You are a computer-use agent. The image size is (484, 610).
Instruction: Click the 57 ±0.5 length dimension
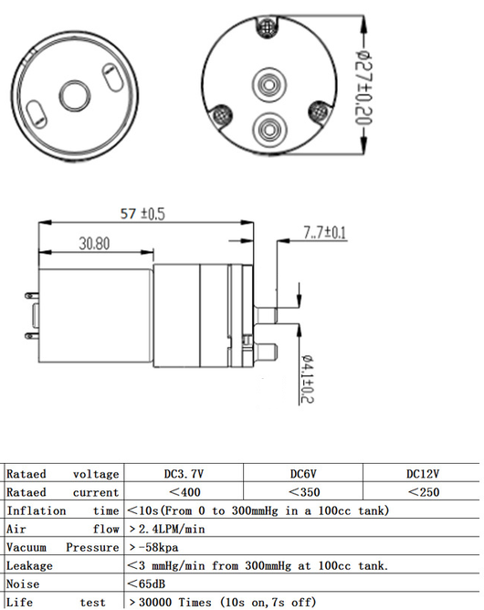click(142, 214)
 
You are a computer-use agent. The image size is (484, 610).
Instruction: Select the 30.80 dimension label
click(95, 244)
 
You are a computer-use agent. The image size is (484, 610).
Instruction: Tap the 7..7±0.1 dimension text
click(324, 233)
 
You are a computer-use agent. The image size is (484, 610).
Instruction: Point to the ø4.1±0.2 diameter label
click(308, 378)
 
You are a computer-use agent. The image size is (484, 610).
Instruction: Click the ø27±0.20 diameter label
click(363, 88)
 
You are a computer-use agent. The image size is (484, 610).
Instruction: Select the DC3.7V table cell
click(184, 473)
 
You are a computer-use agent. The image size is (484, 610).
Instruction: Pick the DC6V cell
click(303, 473)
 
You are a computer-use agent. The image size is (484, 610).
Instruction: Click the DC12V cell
click(423, 473)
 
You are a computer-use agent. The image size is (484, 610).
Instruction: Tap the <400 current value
click(184, 492)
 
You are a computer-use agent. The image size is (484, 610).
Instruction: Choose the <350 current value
click(304, 492)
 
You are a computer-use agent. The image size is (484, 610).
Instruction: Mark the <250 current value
click(424, 492)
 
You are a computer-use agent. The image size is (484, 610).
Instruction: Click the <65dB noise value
click(146, 584)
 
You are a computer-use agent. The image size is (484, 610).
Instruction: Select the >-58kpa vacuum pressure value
click(153, 547)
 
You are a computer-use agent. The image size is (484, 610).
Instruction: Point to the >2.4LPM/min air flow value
click(166, 529)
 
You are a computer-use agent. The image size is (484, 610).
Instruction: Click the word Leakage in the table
click(29, 565)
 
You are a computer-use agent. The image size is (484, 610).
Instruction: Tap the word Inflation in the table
click(37, 510)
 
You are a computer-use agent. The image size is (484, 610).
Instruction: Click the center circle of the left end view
click(75, 96)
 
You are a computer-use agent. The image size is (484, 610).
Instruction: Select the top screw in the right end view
click(267, 26)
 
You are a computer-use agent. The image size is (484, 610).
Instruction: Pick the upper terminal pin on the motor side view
click(32, 296)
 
